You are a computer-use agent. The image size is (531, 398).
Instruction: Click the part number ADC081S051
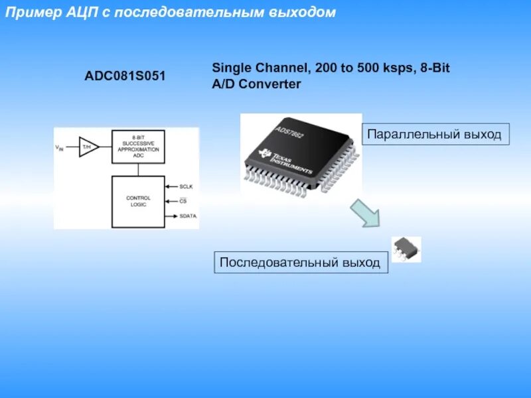pyautogui.click(x=124, y=76)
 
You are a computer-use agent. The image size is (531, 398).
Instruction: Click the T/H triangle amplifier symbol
pyautogui.click(x=88, y=147)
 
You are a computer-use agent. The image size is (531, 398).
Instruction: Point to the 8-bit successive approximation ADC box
pyautogui.click(x=138, y=145)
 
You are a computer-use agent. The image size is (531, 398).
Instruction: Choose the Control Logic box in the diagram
pyautogui.click(x=138, y=201)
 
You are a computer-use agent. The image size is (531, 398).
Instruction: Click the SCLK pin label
pyautogui.click(x=186, y=187)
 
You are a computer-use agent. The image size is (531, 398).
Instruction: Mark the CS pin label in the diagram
pyautogui.click(x=184, y=201)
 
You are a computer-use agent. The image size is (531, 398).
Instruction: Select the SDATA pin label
pyautogui.click(x=188, y=216)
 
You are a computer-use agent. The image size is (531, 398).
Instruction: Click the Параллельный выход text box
pyautogui.click(x=435, y=134)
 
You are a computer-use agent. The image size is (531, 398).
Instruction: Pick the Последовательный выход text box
pyautogui.click(x=300, y=263)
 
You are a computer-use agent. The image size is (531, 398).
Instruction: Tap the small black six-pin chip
pyautogui.click(x=405, y=249)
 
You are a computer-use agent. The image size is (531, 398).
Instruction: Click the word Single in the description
pyautogui.click(x=231, y=68)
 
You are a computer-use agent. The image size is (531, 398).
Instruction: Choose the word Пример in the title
pyautogui.click(x=30, y=13)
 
